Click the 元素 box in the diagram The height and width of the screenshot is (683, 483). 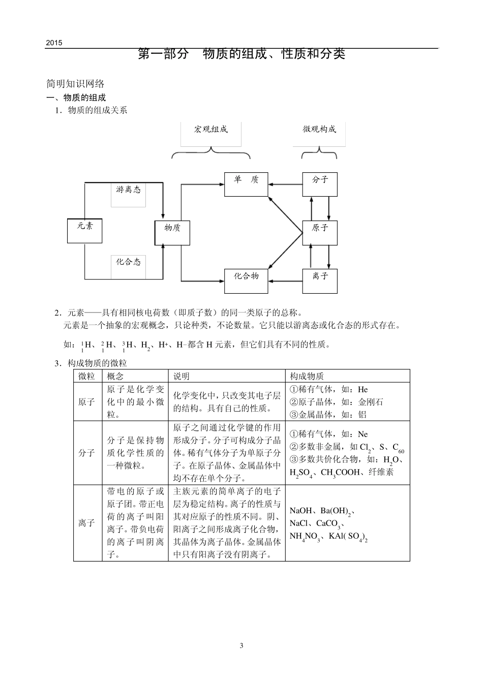click(x=85, y=230)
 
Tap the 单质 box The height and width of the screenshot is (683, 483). click(x=246, y=183)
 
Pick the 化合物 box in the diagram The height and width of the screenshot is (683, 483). click(x=246, y=281)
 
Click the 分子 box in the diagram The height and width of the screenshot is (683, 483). click(x=320, y=183)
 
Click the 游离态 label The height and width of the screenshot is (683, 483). click(x=128, y=190)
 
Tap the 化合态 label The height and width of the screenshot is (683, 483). click(x=128, y=262)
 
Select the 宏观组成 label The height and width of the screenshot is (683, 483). click(x=211, y=129)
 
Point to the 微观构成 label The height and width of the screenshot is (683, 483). click(x=319, y=129)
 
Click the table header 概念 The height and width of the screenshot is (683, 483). click(x=115, y=376)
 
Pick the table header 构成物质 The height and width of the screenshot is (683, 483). click(x=307, y=376)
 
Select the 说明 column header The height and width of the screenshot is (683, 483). click(x=182, y=376)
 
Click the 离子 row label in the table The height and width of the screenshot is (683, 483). click(x=86, y=522)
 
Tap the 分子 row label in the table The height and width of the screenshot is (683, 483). click(x=86, y=453)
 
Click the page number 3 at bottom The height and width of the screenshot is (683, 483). click(x=242, y=646)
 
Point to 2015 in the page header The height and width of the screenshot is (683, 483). click(x=53, y=43)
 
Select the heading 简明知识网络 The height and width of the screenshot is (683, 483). click(x=75, y=84)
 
